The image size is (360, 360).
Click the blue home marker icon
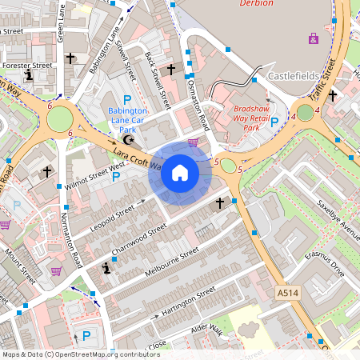179,173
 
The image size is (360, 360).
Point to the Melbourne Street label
170,262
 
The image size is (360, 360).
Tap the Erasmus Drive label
323,263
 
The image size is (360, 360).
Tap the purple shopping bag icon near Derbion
313,38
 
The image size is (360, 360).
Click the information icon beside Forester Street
30,75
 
